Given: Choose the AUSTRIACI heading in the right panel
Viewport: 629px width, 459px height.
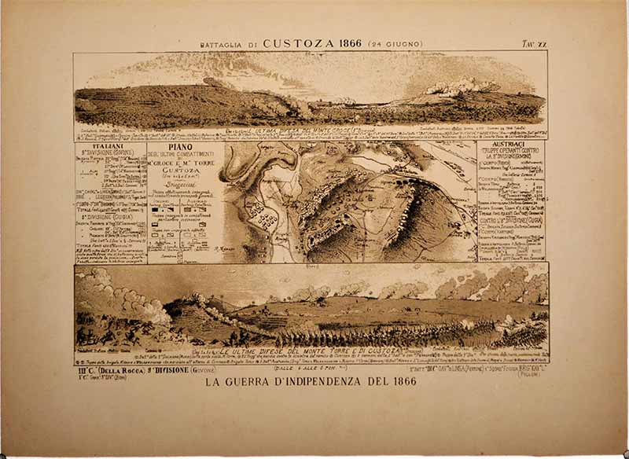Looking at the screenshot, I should (x=510, y=147).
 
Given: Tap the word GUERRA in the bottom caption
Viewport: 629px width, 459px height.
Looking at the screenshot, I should (x=248, y=383).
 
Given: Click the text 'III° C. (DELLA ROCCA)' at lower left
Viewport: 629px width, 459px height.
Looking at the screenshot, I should (x=105, y=365).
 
